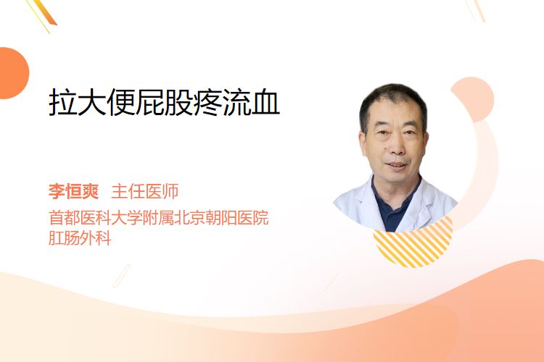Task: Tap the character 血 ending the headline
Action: [265, 102]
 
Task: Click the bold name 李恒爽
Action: [73, 191]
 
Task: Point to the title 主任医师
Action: [145, 191]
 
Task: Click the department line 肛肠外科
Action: [80, 238]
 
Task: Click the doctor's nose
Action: [397, 146]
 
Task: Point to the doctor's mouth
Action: [397, 166]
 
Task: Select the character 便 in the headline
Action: [120, 102]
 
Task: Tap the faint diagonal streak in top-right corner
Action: [475, 10]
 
